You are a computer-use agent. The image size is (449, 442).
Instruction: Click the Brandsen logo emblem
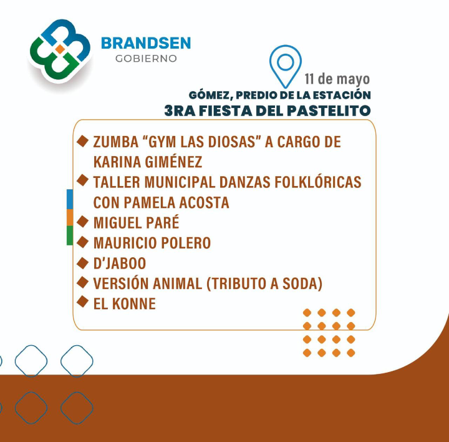[x=60, y=51]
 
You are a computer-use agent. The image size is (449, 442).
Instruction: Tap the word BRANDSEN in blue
[x=146, y=43]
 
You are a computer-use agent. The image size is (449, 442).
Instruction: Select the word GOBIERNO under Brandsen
[x=146, y=59]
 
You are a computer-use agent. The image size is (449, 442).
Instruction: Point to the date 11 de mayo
[x=337, y=79]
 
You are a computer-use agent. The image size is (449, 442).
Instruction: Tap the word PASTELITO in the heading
[x=329, y=110]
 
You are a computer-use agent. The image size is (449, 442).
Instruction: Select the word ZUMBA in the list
[x=116, y=142]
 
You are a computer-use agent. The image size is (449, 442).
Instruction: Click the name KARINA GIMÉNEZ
[x=148, y=162]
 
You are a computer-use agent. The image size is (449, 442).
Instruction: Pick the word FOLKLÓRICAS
[x=318, y=182]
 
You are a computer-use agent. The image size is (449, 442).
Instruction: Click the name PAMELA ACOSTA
[x=176, y=202]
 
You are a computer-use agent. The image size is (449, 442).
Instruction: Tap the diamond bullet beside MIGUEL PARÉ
[x=82, y=222]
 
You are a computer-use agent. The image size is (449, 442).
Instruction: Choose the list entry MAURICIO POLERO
[x=152, y=243]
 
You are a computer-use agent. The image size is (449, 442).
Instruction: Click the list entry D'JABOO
[x=120, y=263]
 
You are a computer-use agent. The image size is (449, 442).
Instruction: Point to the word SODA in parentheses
[x=301, y=283]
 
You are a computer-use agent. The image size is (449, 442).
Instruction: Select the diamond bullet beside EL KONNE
[x=82, y=302]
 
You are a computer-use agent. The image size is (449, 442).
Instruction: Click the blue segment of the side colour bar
[x=70, y=199]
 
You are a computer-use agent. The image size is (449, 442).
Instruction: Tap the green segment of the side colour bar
[x=70, y=235]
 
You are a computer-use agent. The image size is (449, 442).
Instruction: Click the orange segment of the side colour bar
[x=70, y=217]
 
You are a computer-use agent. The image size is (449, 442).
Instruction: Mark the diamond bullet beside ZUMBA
[x=82, y=141]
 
